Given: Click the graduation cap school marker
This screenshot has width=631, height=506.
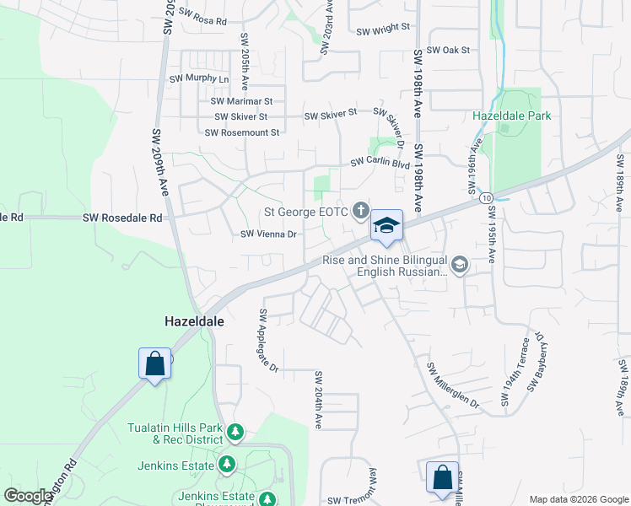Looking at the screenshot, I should pos(386,225).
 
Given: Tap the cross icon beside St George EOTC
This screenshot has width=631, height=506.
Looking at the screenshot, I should pos(361,210).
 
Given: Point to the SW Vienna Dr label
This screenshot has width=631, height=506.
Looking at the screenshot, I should pos(269,234).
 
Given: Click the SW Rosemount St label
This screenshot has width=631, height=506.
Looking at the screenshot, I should pos(241,132).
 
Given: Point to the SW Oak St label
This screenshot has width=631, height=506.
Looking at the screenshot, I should pos(447,51).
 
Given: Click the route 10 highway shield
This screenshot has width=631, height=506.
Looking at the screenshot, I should pos(488,197).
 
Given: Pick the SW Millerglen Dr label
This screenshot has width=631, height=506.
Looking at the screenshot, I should pos(453,385).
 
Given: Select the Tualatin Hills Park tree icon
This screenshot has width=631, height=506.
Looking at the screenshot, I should pos(235,433).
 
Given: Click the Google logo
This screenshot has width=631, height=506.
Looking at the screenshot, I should pos(28,496).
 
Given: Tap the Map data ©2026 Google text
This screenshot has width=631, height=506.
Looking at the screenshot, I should pos(578,499).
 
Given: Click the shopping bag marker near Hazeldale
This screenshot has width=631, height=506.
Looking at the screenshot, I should pos(155,364).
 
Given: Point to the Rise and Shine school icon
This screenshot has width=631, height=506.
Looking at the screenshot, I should pos(460,266).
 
